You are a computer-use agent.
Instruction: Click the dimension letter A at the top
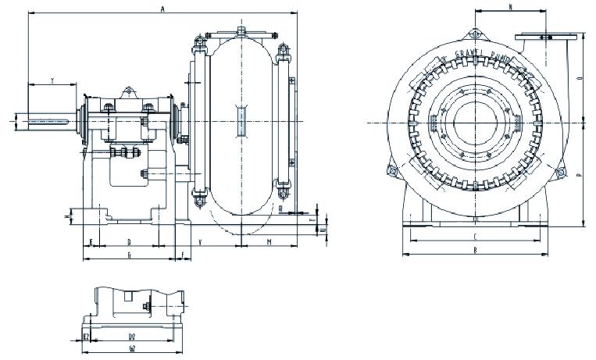162,9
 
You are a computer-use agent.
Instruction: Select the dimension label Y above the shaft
52,80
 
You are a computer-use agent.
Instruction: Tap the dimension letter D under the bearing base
128,242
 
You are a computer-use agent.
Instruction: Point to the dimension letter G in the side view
128,255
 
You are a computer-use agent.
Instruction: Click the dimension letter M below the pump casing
268,242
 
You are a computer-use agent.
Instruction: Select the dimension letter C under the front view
475,235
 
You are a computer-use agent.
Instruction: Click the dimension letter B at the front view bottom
475,250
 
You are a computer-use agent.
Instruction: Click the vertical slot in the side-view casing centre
241,121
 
